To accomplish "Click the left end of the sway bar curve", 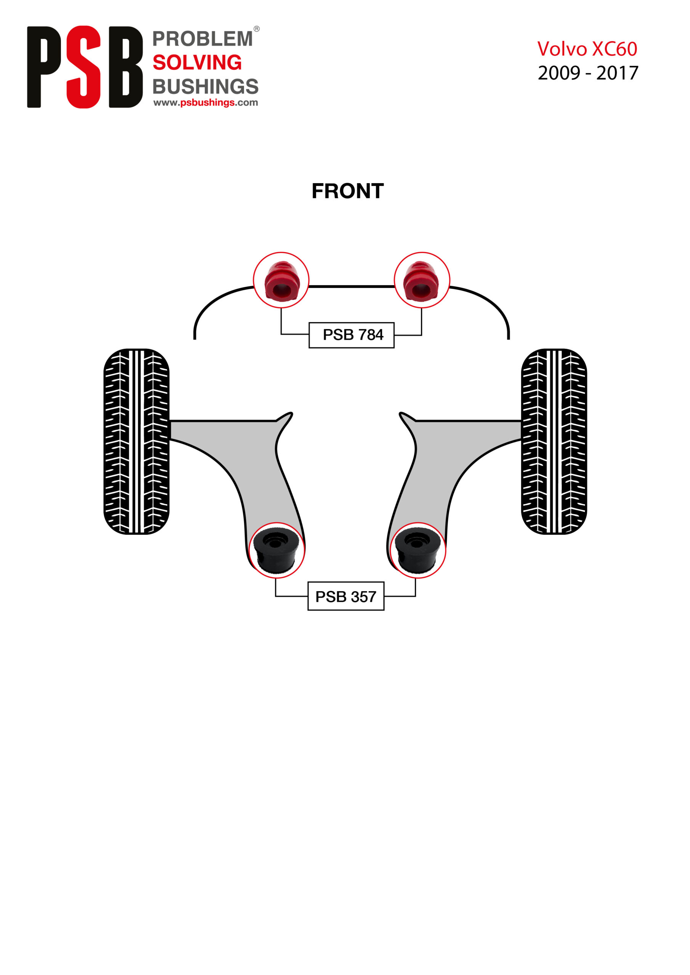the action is click(195, 339).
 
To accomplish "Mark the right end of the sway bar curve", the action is click(509, 339).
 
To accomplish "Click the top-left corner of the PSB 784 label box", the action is click(309, 323).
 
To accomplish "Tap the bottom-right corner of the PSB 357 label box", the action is click(384, 610).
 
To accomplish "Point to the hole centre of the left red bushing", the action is click(281, 291).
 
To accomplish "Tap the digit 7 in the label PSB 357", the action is click(372, 597).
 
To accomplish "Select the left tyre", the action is click(136, 442).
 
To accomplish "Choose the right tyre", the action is click(554, 442).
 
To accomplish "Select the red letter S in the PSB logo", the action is click(83, 67).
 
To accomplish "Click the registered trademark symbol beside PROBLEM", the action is click(256, 29).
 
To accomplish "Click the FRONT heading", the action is click(348, 191).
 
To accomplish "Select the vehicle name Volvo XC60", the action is click(587, 49).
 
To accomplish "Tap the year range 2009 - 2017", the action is click(588, 73).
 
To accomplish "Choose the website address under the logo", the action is click(206, 102).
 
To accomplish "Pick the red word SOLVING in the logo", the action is click(197, 62).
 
